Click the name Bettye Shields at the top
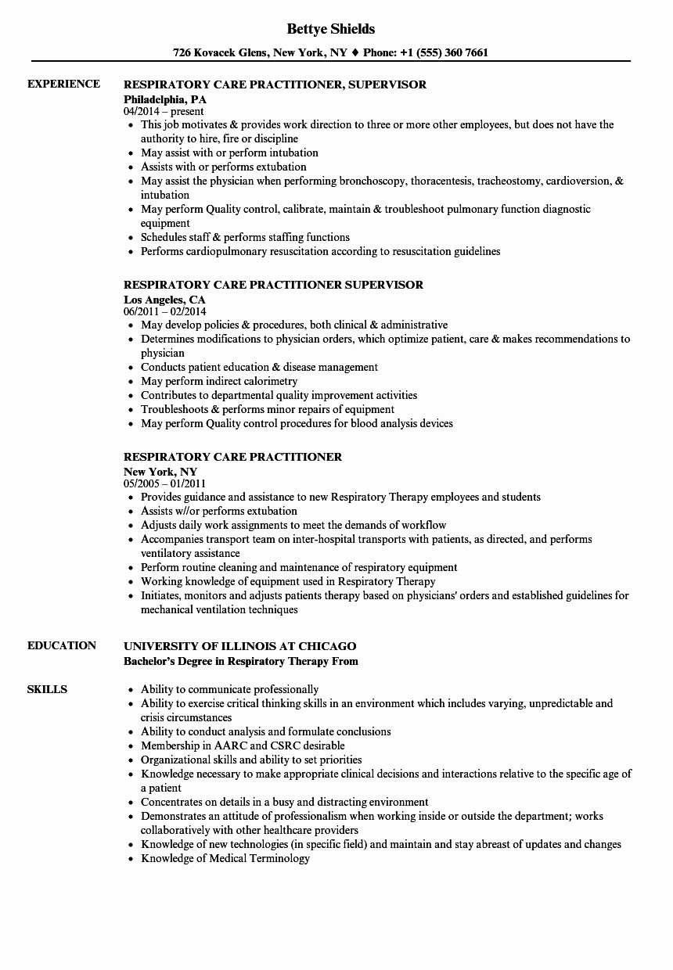coord(331,29)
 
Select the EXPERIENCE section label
coord(63,84)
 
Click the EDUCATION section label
coord(62,645)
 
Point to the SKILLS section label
coord(47,689)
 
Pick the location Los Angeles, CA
coord(164,300)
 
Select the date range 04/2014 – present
coord(164,112)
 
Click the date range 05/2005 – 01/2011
coord(164,483)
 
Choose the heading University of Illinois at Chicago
coord(239,646)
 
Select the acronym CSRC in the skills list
coord(287,745)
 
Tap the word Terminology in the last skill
coord(279,858)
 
